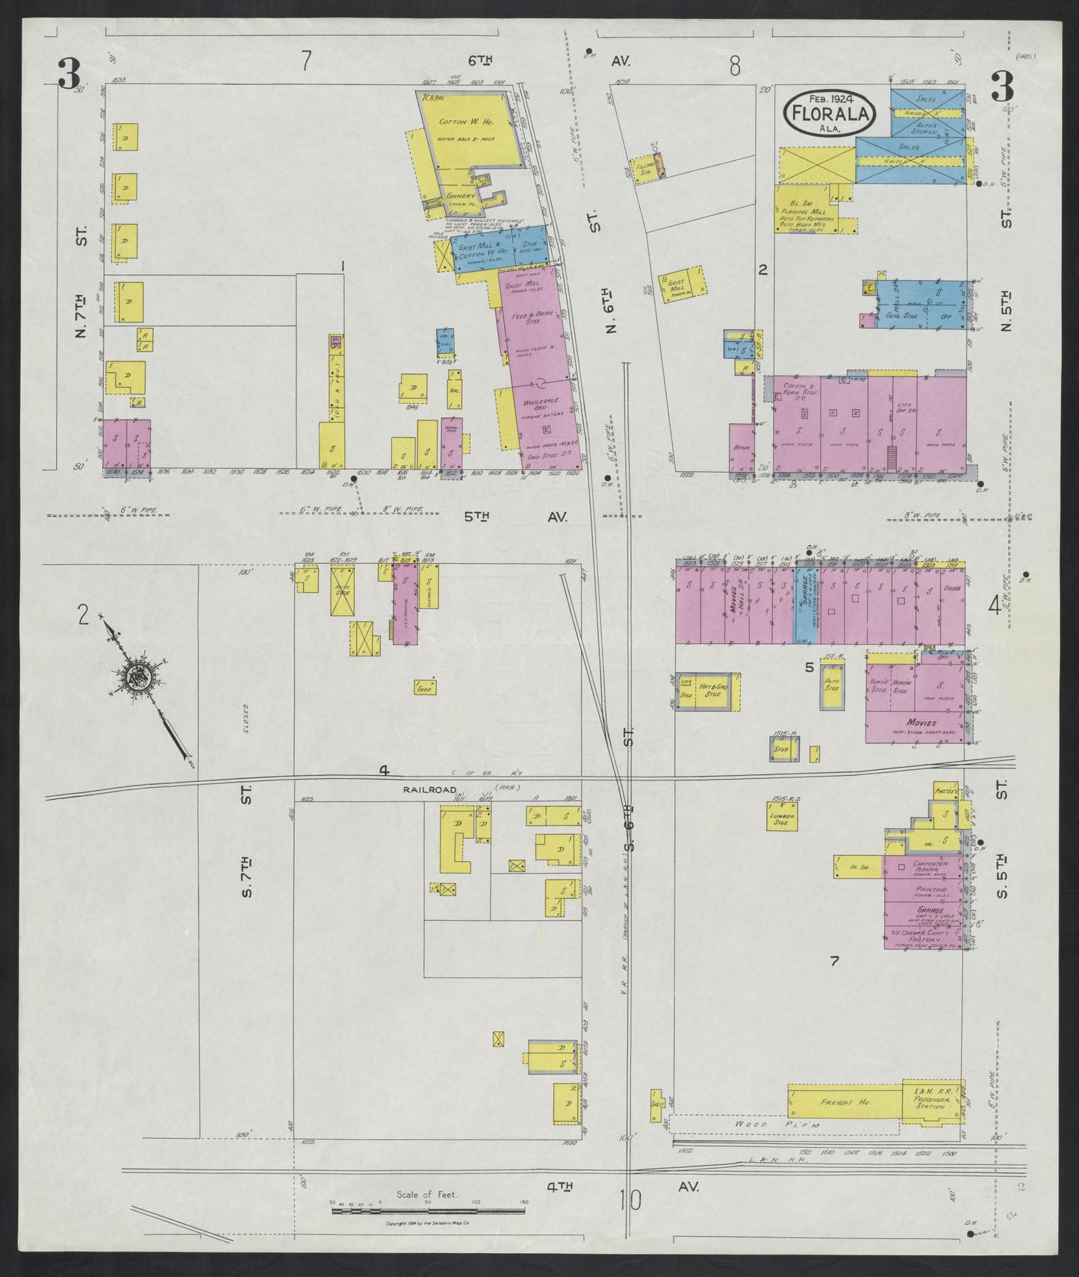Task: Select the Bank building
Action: (x=742, y=448)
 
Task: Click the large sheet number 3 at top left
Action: (x=71, y=73)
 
